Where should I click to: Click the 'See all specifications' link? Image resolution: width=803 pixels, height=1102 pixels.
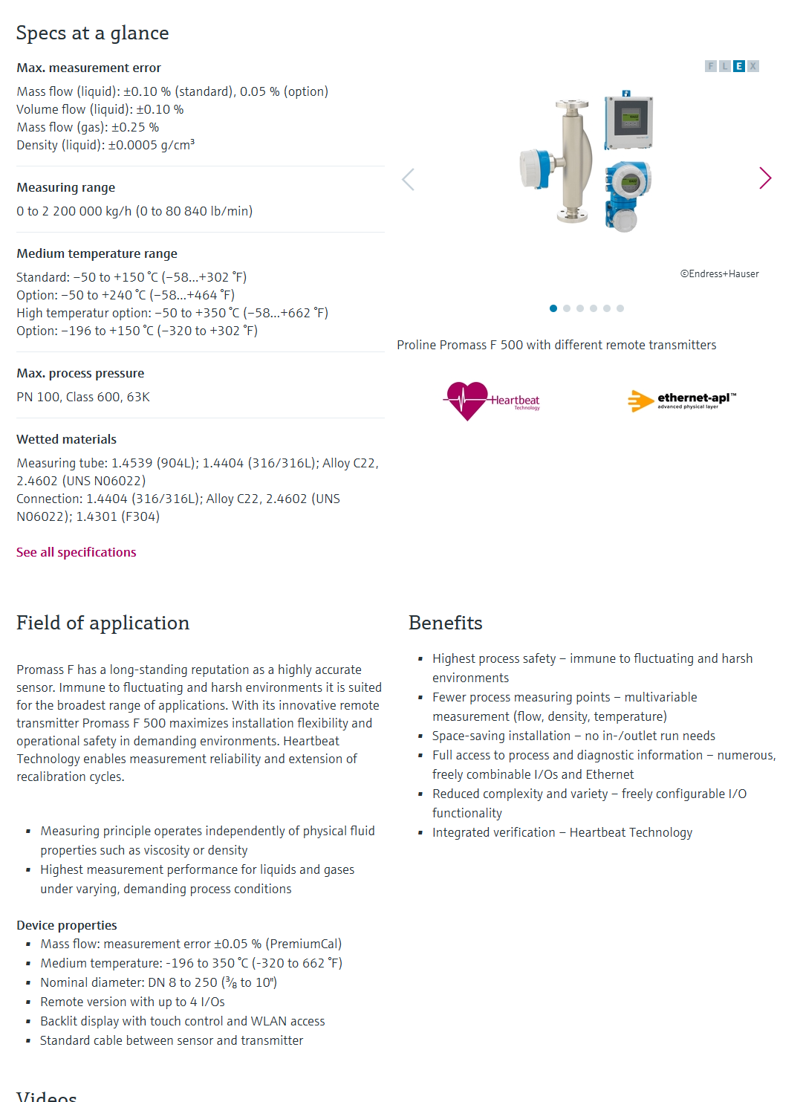pyautogui.click(x=77, y=552)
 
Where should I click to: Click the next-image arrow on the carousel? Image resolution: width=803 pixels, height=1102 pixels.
pyautogui.click(x=765, y=178)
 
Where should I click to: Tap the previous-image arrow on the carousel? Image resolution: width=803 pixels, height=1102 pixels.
pyautogui.click(x=408, y=179)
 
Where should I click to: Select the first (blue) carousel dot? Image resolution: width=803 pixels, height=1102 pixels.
pyautogui.click(x=553, y=308)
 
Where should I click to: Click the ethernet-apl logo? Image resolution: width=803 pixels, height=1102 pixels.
pyautogui.click(x=682, y=401)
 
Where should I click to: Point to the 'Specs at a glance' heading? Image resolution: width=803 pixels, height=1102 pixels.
pyautogui.click(x=92, y=33)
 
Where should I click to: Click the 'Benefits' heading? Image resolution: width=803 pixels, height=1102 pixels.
pyautogui.click(x=445, y=623)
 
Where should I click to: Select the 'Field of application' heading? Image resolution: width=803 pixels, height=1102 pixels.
pyautogui.click(x=103, y=623)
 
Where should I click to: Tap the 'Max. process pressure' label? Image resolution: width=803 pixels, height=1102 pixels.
pyautogui.click(x=80, y=373)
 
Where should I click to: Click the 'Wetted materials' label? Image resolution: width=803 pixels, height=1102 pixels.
pyautogui.click(x=66, y=439)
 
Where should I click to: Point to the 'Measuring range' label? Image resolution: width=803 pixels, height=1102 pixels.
pyautogui.click(x=65, y=187)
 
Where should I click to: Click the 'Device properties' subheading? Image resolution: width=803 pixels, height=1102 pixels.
pyautogui.click(x=67, y=925)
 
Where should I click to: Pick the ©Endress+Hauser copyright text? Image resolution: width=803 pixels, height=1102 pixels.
pyautogui.click(x=719, y=273)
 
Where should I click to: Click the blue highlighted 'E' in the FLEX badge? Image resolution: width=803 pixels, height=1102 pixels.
pyautogui.click(x=739, y=66)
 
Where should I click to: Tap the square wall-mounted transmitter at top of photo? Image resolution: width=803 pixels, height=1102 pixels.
pyautogui.click(x=628, y=120)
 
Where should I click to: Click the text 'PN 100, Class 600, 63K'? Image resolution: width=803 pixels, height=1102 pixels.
pyautogui.click(x=83, y=397)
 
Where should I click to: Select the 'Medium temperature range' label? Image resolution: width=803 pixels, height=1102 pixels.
pyautogui.click(x=97, y=253)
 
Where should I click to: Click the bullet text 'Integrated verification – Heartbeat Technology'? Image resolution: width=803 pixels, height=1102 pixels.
pyautogui.click(x=562, y=832)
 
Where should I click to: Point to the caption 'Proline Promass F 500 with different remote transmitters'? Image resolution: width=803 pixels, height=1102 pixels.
pyautogui.click(x=556, y=345)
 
